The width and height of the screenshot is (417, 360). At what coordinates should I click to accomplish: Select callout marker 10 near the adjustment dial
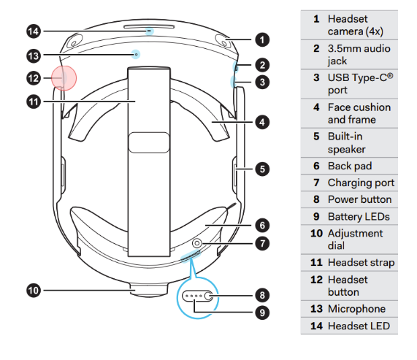point(34,290)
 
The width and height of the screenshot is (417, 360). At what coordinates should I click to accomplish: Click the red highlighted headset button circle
point(63,77)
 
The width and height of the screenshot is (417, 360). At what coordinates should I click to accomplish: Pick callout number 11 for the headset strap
point(34,102)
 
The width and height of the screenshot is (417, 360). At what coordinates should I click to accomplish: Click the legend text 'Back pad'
point(350,166)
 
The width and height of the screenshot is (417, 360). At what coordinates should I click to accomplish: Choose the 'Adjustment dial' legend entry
point(355,240)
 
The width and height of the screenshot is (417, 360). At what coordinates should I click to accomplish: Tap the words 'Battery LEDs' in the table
point(359,216)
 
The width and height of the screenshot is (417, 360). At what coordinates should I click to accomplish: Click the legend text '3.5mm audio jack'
point(359,55)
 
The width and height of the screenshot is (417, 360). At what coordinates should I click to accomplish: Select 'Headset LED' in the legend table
point(359,326)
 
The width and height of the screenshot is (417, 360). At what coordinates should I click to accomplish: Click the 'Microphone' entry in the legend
point(356,309)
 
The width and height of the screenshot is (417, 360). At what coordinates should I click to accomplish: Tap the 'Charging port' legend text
point(361,183)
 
